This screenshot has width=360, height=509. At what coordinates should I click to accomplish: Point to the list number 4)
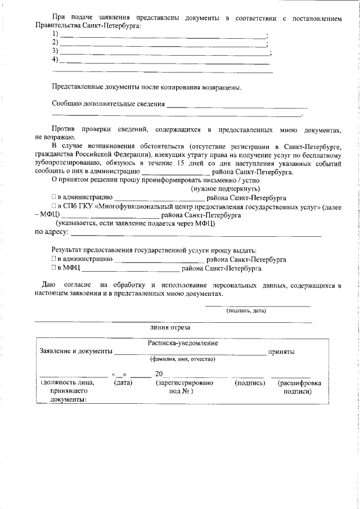[x=55, y=60]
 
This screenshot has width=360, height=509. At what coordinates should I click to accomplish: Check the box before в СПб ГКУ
[x=55, y=206]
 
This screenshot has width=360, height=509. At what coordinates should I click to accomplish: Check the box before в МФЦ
[x=55, y=268]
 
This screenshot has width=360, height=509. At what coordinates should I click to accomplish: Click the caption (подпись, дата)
[x=245, y=310]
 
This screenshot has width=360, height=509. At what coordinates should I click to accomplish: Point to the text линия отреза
[x=170, y=327]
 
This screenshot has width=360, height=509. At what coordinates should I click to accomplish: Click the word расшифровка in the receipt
[x=300, y=383]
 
